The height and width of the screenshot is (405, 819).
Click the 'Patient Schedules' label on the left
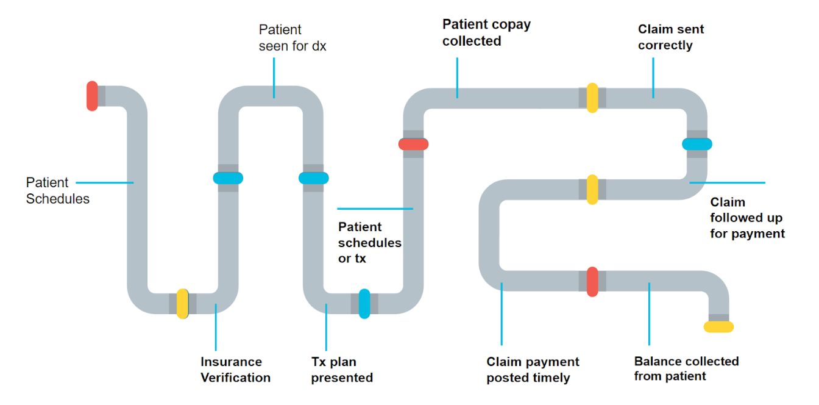pos(57,190)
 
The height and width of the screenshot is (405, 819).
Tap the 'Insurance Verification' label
pos(235,370)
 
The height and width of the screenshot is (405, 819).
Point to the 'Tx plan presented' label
pos(342,370)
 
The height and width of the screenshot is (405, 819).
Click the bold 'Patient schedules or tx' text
pos(369,242)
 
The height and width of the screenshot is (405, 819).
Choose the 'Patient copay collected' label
pos(486,33)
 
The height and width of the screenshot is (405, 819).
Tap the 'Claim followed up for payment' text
pos(747,218)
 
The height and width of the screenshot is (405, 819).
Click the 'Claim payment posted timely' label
pos(532,370)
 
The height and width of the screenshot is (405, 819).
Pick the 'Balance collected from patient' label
pos(686,368)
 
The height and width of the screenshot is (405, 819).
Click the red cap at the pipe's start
pos(92,96)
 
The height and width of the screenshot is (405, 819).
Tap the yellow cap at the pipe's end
pos(718,327)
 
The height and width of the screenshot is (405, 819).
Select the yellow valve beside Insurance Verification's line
pos(182,303)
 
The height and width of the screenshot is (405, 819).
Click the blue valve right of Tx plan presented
pos(364,303)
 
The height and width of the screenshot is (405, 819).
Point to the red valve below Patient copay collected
pos(413,144)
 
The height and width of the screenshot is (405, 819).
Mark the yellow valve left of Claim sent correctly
pos(592,98)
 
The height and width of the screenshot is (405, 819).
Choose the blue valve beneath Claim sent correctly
pos(697,144)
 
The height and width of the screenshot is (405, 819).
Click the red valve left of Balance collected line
pos(592,281)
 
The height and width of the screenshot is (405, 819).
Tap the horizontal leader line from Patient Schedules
pos(104,182)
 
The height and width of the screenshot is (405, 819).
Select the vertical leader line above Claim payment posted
pos(502,314)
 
